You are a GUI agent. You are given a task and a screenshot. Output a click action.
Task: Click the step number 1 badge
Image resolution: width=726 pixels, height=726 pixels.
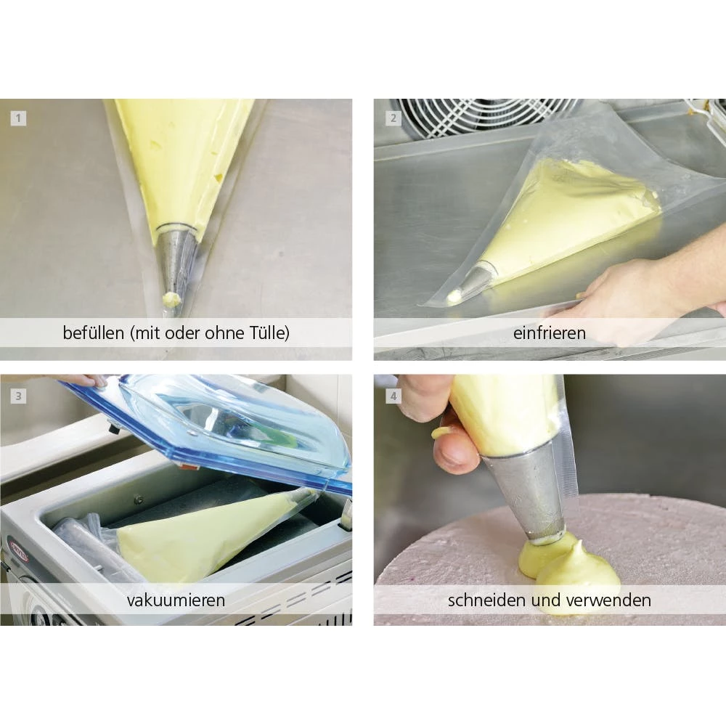[x=19, y=118]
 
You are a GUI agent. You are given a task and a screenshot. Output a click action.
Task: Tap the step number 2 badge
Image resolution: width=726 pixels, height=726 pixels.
[x=393, y=118]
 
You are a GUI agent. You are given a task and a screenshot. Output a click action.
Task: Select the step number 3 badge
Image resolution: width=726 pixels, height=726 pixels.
[x=19, y=396]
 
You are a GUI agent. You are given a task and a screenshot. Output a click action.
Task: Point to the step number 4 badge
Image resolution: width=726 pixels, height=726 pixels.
[x=393, y=396]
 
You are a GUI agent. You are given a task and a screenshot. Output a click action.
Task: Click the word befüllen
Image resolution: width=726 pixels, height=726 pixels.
[x=93, y=333]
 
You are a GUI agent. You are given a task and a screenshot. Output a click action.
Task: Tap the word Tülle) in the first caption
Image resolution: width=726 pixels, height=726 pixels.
[x=270, y=333]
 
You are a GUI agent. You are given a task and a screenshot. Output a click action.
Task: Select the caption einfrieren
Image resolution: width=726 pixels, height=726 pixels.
[x=549, y=333]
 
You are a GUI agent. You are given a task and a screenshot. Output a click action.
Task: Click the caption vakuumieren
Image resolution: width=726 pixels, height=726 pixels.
[x=176, y=600]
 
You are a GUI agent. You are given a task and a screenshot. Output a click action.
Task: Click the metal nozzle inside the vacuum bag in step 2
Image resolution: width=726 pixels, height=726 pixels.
[x=473, y=280]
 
